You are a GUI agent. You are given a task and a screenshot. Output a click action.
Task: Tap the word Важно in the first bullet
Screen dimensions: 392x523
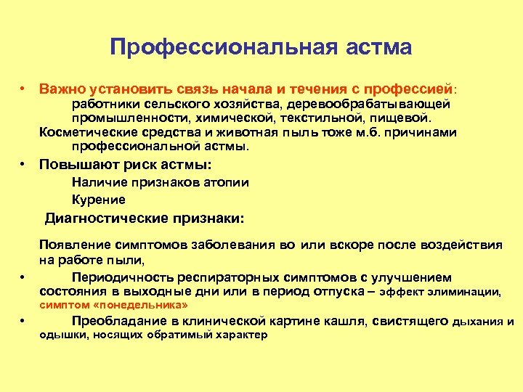tap(63, 89)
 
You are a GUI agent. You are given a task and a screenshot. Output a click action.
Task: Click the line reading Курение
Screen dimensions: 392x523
tap(99, 200)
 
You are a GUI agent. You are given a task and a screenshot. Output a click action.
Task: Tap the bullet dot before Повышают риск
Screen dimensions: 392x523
tap(24, 164)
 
